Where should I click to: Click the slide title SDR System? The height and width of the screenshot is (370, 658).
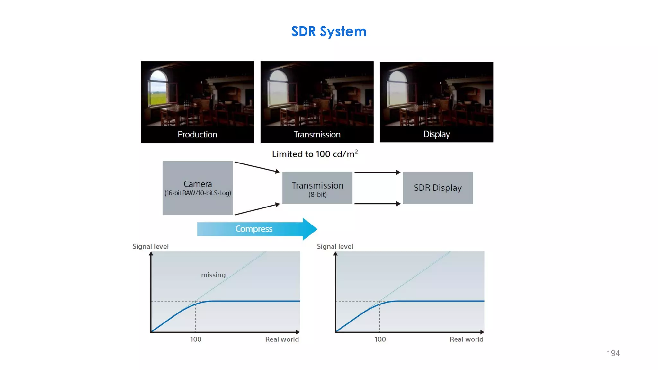click(329, 31)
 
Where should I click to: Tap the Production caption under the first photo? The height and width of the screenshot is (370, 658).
click(197, 134)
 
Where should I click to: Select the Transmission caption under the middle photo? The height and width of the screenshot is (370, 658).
click(317, 134)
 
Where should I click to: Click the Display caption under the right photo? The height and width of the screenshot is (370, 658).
click(436, 134)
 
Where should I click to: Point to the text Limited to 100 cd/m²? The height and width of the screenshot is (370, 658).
click(315, 154)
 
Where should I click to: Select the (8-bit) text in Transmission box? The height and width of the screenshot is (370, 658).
click(317, 195)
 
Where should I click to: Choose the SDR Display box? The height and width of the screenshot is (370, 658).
click(438, 188)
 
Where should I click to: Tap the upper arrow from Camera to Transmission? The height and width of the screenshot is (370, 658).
click(257, 167)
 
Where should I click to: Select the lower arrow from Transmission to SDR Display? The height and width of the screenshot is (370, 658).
click(377, 204)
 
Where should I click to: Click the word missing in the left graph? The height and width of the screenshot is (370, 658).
click(213, 275)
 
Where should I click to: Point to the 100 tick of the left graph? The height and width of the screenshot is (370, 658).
click(196, 339)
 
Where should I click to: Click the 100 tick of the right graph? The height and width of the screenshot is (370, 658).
click(380, 339)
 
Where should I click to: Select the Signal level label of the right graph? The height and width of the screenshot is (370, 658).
click(335, 246)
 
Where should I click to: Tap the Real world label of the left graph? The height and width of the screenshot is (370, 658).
click(282, 339)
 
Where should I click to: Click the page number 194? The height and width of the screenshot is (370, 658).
click(613, 353)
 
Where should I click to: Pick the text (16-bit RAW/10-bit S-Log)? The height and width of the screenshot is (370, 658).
click(198, 193)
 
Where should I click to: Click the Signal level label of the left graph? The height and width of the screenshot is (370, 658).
click(150, 246)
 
